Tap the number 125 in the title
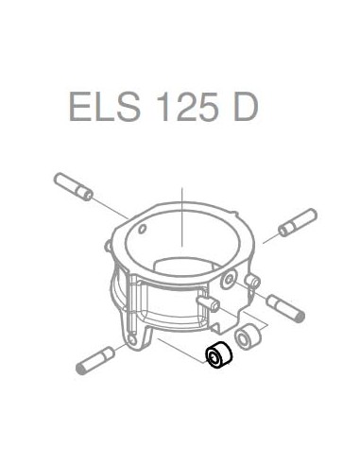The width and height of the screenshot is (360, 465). (183, 106)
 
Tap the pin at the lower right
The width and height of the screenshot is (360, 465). (285, 307)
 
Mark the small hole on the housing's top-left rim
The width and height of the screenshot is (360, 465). (141, 228)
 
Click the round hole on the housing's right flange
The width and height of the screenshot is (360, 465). (230, 282)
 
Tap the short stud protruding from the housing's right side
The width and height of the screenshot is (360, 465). (254, 282)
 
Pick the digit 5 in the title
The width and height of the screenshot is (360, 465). (201, 106)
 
